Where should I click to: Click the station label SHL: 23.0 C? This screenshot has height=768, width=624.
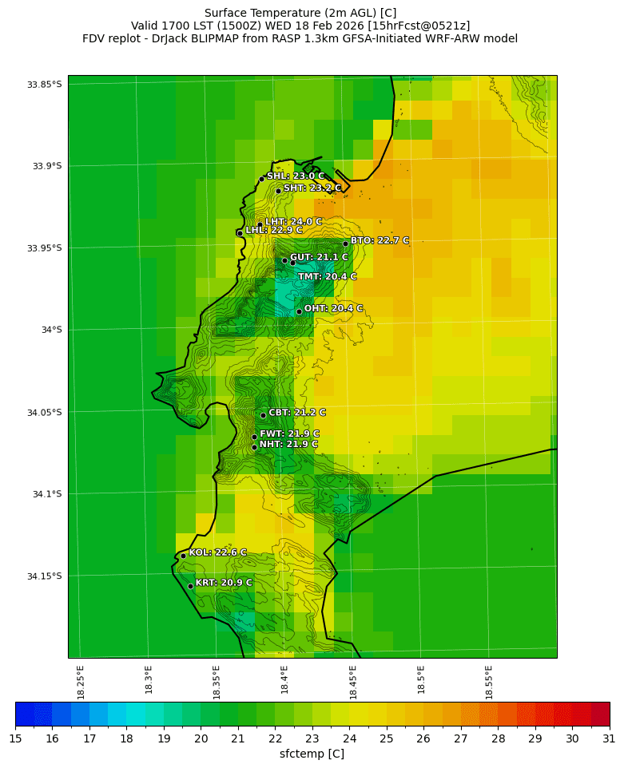tap(296, 176)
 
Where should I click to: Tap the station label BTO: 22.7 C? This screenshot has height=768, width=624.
tap(380, 240)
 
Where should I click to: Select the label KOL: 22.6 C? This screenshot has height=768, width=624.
tap(217, 552)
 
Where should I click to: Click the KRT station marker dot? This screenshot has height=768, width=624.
tap(190, 586)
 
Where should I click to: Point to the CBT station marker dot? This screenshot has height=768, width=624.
tap(263, 415)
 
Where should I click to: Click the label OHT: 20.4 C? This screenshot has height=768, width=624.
tap(333, 308)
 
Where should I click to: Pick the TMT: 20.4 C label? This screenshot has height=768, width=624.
tap(328, 277)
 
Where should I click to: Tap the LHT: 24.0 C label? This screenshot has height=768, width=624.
tap(293, 222)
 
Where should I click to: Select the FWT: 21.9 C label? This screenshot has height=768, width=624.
tap(289, 434)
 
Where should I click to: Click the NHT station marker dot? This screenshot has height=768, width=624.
tap(254, 447)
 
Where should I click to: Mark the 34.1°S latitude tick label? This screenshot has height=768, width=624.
tap(47, 494)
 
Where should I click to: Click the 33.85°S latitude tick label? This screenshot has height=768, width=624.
tap(45, 85)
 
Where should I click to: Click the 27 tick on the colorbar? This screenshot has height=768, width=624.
tap(461, 739)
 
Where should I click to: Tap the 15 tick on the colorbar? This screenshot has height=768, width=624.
tap(15, 739)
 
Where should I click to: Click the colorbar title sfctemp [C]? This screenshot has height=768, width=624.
tap(312, 754)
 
